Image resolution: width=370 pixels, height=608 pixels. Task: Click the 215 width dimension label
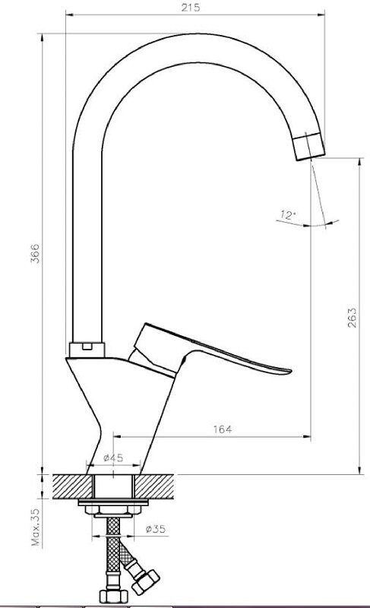[x=191, y=8]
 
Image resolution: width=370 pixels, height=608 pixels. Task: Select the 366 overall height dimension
[x=35, y=254]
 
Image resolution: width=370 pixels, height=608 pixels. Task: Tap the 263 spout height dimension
[x=352, y=318]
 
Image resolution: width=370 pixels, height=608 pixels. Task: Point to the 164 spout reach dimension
[x=223, y=429]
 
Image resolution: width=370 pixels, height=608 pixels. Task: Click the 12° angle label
[x=288, y=214]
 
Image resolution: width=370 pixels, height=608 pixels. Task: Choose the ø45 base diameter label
[x=113, y=458]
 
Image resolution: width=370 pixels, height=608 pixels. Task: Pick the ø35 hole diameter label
[x=155, y=529]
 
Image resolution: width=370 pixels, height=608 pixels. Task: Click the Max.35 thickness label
[x=36, y=527]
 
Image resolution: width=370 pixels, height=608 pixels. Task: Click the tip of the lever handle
[x=289, y=371]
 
